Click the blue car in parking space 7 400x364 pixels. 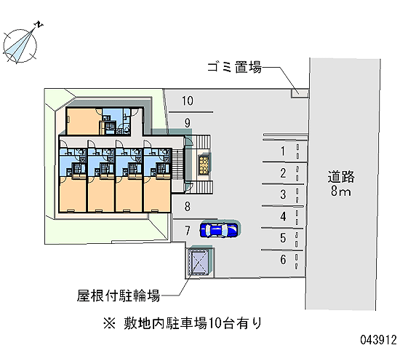(x=219, y=229)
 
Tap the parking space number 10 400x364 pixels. (x=188, y=101)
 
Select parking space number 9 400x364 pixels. (x=188, y=123)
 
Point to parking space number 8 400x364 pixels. (x=188, y=207)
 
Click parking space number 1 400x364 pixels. (x=283, y=151)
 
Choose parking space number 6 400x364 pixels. (x=283, y=259)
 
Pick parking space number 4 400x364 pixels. (x=283, y=217)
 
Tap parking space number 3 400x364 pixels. (x=283, y=194)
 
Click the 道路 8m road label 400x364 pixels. (x=341, y=183)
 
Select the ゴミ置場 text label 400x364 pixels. (x=234, y=68)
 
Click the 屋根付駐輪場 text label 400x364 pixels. (x=119, y=296)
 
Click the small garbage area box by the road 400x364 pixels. (x=300, y=92)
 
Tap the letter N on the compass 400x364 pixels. (x=39, y=24)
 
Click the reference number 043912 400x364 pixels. (x=379, y=340)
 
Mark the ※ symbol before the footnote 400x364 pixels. (x=109, y=323)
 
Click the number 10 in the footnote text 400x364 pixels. (x=215, y=323)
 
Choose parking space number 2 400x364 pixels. (x=283, y=173)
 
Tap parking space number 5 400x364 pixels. (x=283, y=238)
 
